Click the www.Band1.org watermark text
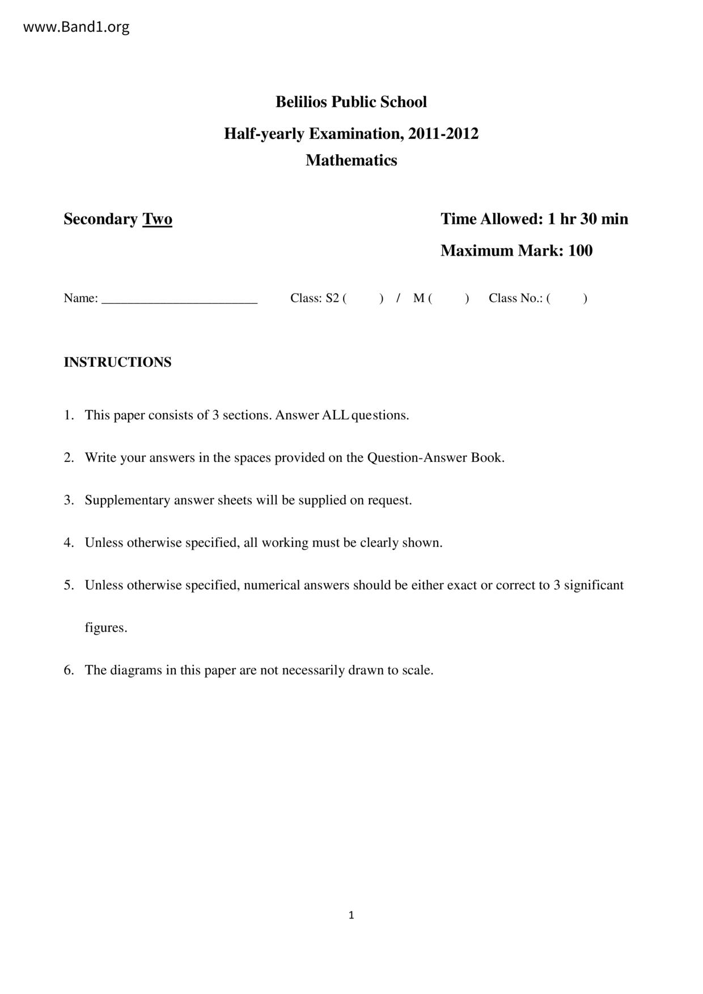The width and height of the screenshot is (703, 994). coord(76,27)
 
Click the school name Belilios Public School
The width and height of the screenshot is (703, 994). coord(351,102)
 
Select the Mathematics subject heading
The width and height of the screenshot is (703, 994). coord(351,160)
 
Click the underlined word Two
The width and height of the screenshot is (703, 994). coord(157,219)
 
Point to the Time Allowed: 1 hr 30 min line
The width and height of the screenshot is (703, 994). coord(534,219)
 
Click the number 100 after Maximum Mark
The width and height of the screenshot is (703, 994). coord(580,251)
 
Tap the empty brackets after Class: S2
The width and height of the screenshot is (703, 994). coord(363,299)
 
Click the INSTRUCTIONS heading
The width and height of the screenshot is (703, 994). coord(117,363)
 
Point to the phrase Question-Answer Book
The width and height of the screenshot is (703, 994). coord(435,458)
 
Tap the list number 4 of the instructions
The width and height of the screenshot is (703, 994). coord(69,543)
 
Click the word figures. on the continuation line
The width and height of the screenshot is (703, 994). coord(106,628)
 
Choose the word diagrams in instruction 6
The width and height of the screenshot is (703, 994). coord(135,670)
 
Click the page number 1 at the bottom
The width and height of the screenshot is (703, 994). coord(351,915)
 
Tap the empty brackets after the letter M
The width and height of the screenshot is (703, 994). coord(448,299)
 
